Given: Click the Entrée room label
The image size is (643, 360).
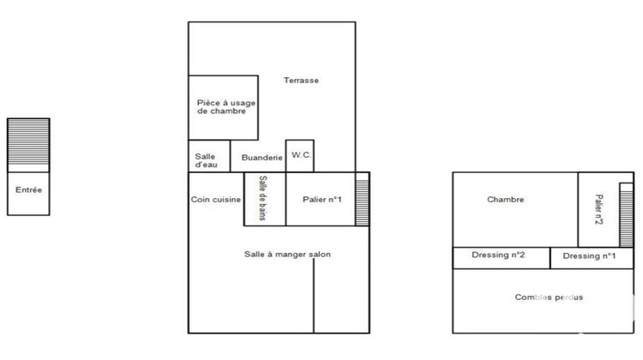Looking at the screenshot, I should (x=28, y=189).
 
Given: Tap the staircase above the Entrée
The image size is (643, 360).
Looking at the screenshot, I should (x=28, y=145).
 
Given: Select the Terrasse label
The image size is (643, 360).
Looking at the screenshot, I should (x=302, y=81).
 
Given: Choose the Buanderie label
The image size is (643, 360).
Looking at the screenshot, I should (x=261, y=158).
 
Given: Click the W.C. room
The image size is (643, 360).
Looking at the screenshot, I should (x=300, y=155).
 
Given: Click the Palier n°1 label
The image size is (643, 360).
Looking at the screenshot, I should (x=322, y=200).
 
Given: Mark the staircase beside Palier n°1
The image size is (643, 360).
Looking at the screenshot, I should (x=362, y=199).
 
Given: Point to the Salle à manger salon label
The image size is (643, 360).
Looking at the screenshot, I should (x=287, y=255).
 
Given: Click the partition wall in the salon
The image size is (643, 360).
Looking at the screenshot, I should (x=314, y=295).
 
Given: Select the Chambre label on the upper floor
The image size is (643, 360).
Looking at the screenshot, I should (x=505, y=200).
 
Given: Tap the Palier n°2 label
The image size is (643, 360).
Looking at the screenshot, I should (x=599, y=208).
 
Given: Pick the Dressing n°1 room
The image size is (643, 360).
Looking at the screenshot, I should (x=591, y=257).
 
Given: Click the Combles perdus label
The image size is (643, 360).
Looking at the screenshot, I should (x=549, y=297).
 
